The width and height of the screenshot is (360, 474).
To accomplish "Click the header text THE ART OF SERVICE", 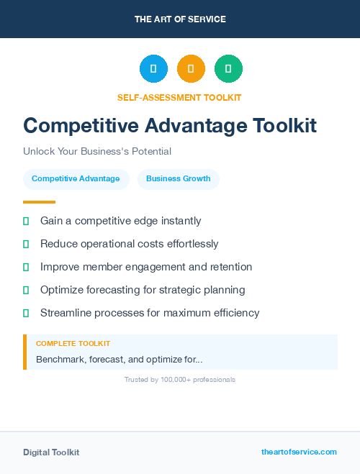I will coord(180,19).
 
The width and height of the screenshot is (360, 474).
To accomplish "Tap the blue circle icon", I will coord(153,69).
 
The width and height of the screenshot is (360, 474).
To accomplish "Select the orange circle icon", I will coord(191,69).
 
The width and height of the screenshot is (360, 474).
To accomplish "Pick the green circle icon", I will coord(228,69).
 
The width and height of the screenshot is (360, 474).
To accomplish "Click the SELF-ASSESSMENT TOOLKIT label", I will coord(179,97).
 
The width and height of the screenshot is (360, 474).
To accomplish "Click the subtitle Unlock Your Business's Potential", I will coord(97,152).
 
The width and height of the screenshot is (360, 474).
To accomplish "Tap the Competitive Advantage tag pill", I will coord(76,179).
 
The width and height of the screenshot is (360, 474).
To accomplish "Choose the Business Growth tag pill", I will coord(179,179).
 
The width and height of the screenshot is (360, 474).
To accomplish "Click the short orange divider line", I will coord(39,202).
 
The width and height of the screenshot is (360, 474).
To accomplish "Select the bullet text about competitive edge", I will coord(121,221).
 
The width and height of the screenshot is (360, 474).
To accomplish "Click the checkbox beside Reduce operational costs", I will coord(26,245).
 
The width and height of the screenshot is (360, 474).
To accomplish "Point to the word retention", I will coord(229,267).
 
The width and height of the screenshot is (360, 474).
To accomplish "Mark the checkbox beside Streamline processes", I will coord(26,314).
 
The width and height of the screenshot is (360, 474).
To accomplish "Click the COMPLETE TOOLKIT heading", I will coord(73,344).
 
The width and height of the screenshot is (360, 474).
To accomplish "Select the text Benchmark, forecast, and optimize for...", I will coord(119,359).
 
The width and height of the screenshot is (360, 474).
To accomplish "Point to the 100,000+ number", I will coord(172,380).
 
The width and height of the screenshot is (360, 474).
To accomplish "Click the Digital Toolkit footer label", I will coord(51,452).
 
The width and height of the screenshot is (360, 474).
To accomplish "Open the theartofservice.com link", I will coord(299,452).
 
